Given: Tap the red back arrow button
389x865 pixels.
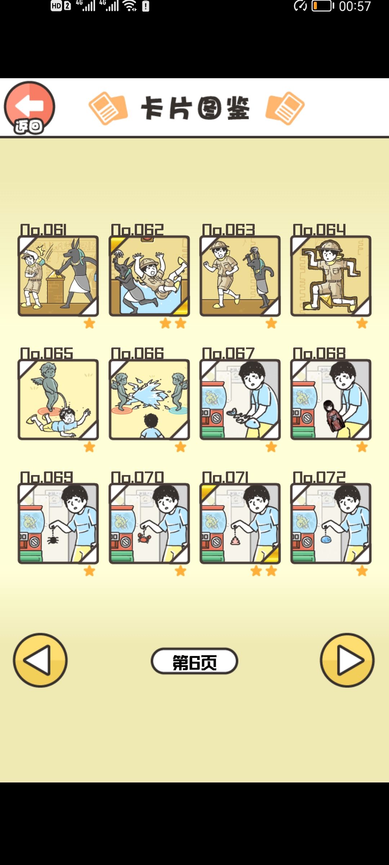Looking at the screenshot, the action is [30, 107].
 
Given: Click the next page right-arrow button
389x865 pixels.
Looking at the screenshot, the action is [347, 660].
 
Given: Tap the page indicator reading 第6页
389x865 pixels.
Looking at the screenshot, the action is [194, 661].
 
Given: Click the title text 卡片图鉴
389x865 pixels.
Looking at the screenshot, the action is [195, 108].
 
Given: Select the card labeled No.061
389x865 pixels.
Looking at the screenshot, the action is [58, 276].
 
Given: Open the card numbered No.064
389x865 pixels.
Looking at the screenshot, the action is [331, 276].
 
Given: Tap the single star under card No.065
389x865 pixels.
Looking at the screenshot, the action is [89, 447].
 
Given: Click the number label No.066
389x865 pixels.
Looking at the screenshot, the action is [137, 353].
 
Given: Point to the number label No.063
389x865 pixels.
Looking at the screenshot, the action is [228, 230].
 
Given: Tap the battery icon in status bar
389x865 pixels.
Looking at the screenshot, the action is [323, 6].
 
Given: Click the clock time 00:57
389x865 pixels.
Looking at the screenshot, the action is [355, 6].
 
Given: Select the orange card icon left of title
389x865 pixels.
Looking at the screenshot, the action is [108, 108].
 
